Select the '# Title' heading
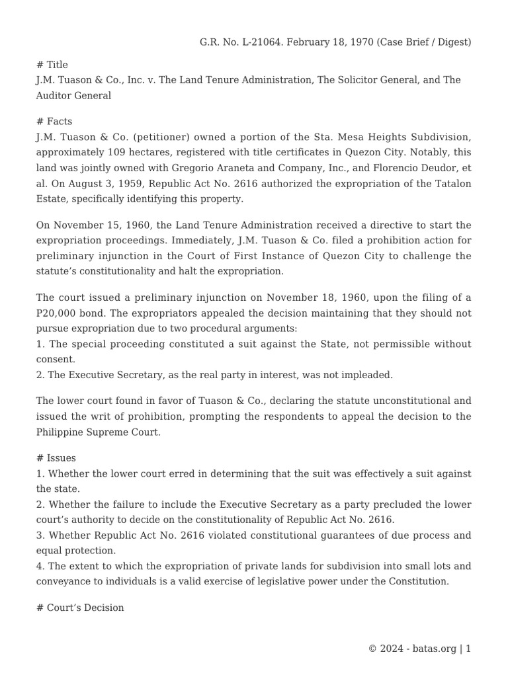coord(52,65)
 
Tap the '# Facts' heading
coord(54,122)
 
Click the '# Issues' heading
coord(56,458)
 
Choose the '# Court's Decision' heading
coord(80,607)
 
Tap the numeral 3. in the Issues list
coord(40,535)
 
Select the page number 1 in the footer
coord(468,649)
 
